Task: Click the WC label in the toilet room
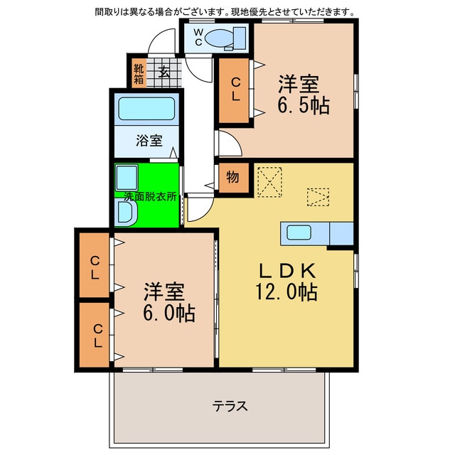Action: tap(198, 37)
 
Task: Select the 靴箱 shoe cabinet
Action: tap(139, 72)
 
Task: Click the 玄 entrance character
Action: tap(164, 72)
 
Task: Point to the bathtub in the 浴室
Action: tap(146, 109)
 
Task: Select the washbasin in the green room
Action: tap(124, 212)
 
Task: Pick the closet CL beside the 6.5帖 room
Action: tap(233, 90)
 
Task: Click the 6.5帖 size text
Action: tap(303, 106)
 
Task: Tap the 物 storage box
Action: tap(233, 178)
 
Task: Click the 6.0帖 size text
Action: tap(165, 314)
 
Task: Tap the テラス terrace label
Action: tap(230, 407)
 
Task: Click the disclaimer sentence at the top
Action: tap(225, 11)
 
